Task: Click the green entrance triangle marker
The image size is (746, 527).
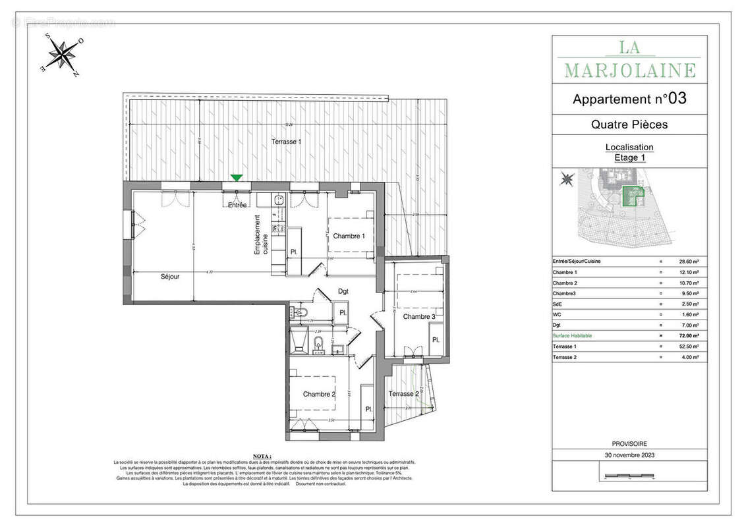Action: pyautogui.click(x=236, y=178)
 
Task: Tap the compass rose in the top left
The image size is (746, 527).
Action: pyautogui.click(x=62, y=55)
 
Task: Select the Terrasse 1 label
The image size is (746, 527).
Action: pyautogui.click(x=286, y=142)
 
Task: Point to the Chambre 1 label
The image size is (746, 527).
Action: pyautogui.click(x=349, y=236)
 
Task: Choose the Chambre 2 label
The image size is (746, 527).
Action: pyautogui.click(x=319, y=395)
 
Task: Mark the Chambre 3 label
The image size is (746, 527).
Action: pyautogui.click(x=418, y=317)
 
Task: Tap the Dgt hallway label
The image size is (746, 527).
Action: pyautogui.click(x=343, y=291)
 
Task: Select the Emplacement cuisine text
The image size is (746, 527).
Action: pyautogui.click(x=262, y=235)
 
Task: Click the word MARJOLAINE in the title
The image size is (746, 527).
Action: pyautogui.click(x=629, y=70)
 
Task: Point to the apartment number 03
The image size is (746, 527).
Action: pyautogui.click(x=678, y=99)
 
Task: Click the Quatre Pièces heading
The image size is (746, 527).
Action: pyautogui.click(x=629, y=125)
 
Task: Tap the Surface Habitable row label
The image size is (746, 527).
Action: pyautogui.click(x=572, y=336)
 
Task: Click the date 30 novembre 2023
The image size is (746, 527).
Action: pyautogui.click(x=629, y=455)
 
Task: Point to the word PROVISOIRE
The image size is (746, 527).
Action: pyautogui.click(x=629, y=444)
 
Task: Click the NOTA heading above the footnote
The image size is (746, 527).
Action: pyautogui.click(x=262, y=456)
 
